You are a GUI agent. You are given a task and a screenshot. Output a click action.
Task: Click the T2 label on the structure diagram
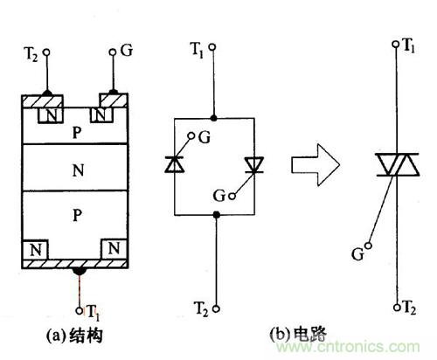tap(28, 53)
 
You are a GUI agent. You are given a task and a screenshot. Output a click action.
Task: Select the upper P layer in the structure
tap(80, 130)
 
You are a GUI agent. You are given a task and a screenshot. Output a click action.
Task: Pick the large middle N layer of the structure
tap(80, 171)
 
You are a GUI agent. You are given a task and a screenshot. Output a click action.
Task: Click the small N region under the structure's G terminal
tap(106, 114)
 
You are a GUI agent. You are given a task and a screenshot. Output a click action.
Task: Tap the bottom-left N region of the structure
tap(37, 249)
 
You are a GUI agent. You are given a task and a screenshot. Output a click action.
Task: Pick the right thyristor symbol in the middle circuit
tap(253, 163)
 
